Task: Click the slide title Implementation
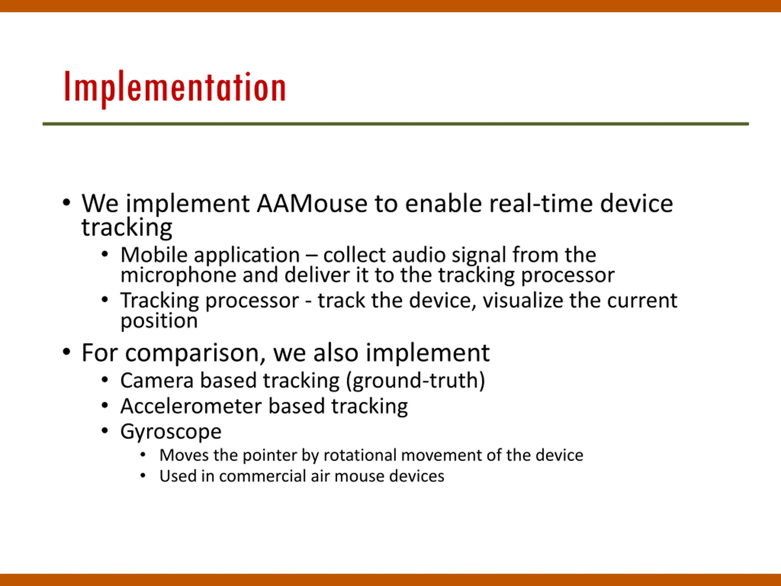175,88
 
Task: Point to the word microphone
178,276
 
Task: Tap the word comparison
195,353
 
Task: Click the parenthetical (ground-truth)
416,381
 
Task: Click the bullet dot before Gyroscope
105,431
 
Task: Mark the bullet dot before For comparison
67,352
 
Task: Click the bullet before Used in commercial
143,476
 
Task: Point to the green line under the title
396,124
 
